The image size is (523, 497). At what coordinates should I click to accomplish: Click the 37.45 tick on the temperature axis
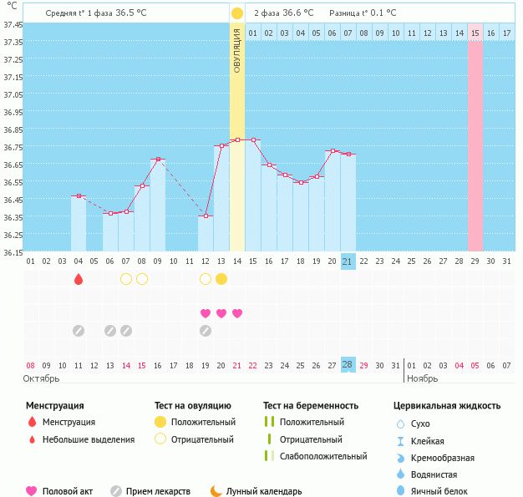[13, 25]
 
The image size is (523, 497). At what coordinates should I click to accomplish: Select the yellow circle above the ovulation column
[237, 13]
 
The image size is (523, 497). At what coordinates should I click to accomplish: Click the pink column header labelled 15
[475, 33]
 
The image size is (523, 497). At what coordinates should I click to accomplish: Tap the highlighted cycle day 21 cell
[348, 261]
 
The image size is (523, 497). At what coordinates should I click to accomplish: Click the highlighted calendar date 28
[348, 365]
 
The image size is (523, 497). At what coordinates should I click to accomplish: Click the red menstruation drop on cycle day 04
[79, 279]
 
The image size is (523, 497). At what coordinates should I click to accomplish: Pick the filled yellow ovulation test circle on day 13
[221, 279]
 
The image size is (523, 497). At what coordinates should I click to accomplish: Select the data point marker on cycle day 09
[158, 159]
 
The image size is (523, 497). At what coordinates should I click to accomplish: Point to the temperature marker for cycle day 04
[79, 195]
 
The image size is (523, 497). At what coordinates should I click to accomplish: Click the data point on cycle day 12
[206, 216]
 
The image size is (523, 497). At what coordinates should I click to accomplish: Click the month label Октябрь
[43, 378]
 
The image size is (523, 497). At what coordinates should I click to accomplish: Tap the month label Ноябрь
[422, 378]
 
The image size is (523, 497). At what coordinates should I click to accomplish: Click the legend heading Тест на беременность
[310, 405]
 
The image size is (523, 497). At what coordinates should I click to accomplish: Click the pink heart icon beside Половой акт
[32, 491]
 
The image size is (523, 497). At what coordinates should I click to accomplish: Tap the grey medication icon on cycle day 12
[206, 331]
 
